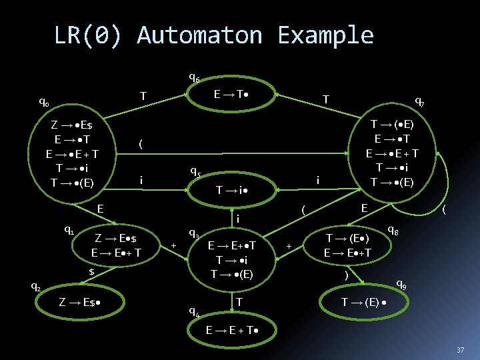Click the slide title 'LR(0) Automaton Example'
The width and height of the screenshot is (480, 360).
click(213, 35)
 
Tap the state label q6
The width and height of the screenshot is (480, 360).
click(193, 79)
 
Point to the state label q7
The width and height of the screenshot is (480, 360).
click(420, 101)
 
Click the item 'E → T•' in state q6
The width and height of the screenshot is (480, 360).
click(232, 96)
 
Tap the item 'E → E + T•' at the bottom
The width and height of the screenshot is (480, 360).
click(232, 330)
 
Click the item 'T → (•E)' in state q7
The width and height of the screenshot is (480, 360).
click(393, 124)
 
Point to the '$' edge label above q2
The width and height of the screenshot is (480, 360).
click(92, 271)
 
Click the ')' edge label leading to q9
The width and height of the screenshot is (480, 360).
click(346, 274)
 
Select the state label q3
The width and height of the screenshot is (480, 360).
click(193, 233)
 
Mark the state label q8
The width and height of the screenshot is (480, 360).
click(393, 230)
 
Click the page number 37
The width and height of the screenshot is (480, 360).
click(459, 351)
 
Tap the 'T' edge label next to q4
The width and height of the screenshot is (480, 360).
click(239, 302)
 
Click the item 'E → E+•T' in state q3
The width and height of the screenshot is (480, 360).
click(232, 245)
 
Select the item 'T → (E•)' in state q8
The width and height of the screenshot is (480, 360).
click(347, 238)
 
